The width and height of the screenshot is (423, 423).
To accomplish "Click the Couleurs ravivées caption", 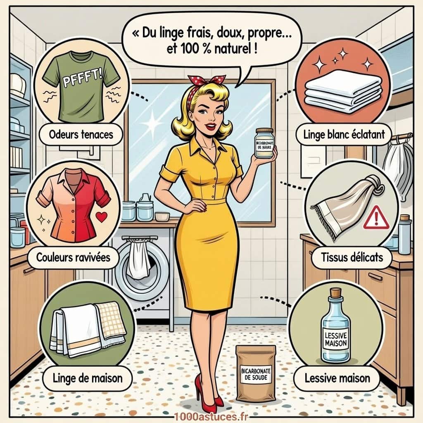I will pos(73,257).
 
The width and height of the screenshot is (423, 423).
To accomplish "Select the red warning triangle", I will pos(376,219).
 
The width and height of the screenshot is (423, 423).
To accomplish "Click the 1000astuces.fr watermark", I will pos(211,416).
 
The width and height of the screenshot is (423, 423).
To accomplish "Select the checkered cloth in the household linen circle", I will pos(110,320).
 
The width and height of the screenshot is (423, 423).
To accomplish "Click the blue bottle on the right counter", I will pos(405,235).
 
